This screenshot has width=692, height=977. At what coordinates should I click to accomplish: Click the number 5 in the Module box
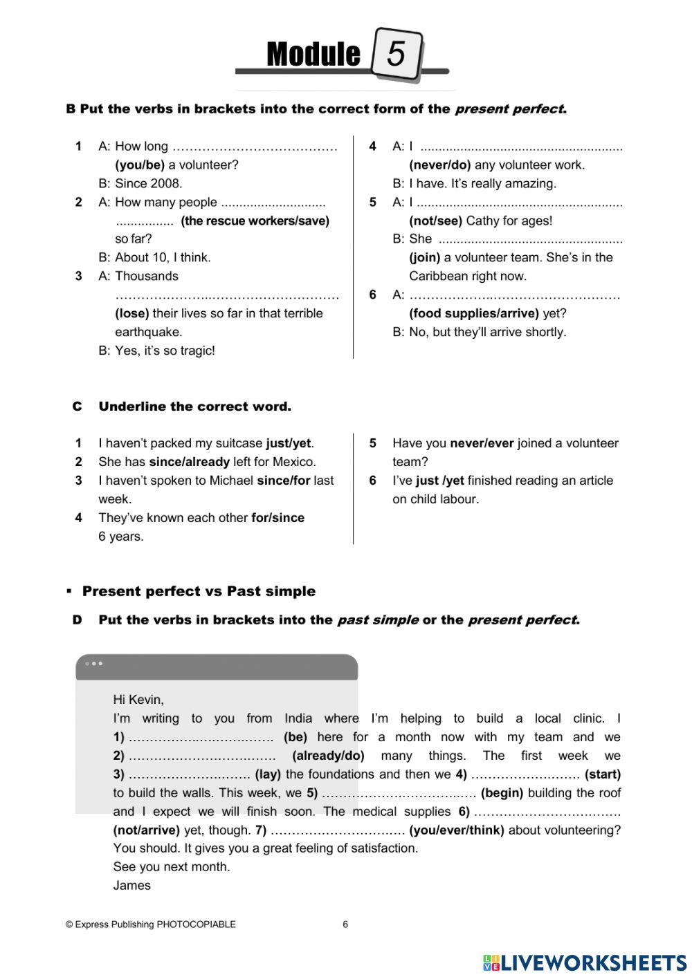coord(396,53)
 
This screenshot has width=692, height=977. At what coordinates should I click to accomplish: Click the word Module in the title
coord(313,55)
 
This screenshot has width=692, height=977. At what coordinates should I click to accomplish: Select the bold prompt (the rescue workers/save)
coord(255,221)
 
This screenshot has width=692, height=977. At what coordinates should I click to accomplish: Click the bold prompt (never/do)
coord(440,165)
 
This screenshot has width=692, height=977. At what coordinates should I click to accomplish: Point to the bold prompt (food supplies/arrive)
coord(474,313)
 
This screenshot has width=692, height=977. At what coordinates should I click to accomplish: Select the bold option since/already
coord(189,462)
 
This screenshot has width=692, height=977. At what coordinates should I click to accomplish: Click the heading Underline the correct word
coord(194,407)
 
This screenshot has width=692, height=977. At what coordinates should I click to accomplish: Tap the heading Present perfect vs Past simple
coord(199,591)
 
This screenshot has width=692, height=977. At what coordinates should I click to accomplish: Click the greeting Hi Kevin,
coord(138,700)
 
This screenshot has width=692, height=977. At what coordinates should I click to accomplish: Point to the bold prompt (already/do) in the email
coord(328,756)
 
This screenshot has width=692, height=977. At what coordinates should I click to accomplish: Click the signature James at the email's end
coord(131,886)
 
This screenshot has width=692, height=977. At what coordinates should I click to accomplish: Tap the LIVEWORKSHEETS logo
coord(585,962)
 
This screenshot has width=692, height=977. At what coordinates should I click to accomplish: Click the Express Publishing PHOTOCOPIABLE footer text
coord(151,924)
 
